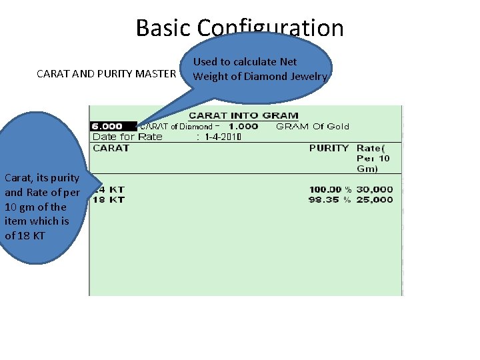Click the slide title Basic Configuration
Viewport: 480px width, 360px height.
239,28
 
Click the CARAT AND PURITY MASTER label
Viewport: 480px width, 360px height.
106,73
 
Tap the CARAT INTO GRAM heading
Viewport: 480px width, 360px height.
243,115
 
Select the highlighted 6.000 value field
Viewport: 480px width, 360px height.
107,126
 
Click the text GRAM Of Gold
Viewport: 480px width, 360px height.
312,126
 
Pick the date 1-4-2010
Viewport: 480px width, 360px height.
222,137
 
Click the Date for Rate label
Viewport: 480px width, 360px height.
127,137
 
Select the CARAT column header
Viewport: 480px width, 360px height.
111,148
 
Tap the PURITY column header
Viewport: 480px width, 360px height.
329,148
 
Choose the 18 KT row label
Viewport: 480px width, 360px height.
109,199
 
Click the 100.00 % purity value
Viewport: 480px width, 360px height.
329,189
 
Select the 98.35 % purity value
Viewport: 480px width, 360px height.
329,199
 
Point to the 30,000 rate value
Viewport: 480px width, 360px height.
375,189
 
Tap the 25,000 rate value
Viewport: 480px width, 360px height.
375,199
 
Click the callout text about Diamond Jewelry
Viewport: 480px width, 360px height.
260,69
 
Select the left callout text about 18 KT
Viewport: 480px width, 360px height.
41,207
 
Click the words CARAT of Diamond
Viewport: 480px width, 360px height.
176,126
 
